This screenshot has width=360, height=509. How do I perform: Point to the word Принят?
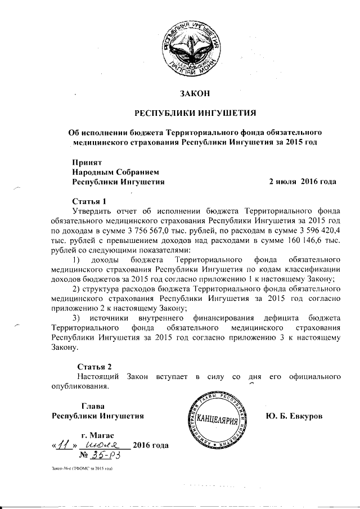(86, 162)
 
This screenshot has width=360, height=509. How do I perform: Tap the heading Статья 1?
(89, 201)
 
